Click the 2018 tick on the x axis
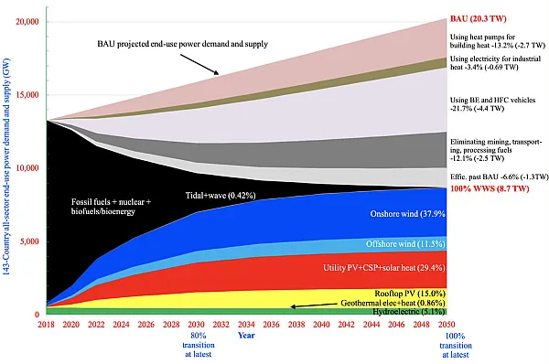point(45,324)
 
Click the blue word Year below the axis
point(246,336)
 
